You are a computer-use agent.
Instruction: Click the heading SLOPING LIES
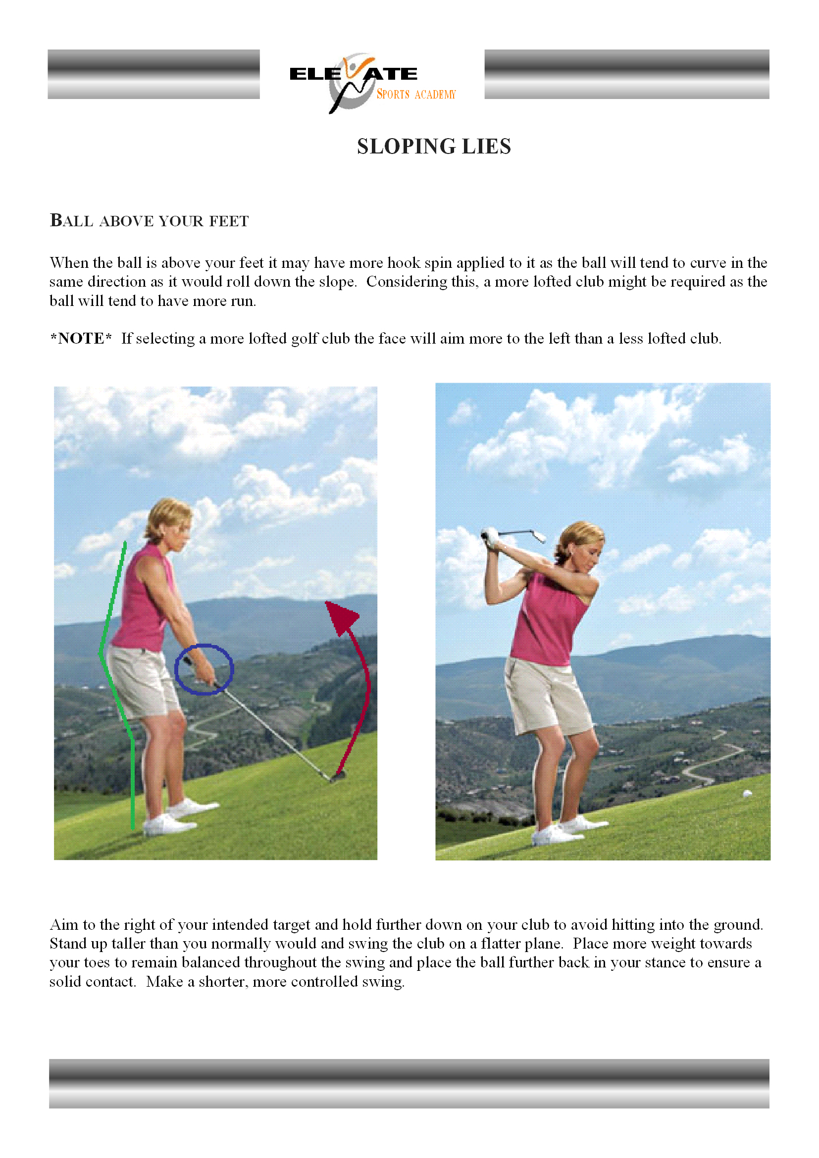tap(434, 147)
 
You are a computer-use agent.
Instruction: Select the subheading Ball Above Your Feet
tap(149, 221)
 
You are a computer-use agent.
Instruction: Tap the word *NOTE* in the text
tap(81, 339)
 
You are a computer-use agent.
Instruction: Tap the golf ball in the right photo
tap(747, 793)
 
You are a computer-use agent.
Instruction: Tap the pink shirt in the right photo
tap(550, 620)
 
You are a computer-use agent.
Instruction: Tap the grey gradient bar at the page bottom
tap(409, 1083)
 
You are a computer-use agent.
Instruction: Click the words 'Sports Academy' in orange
tap(416, 95)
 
